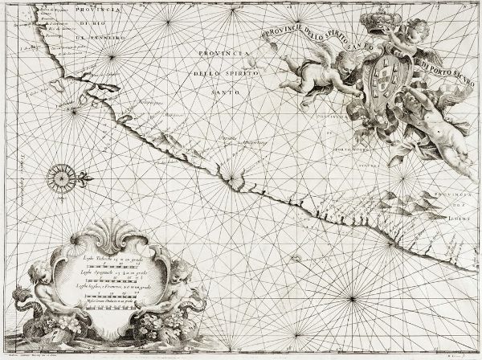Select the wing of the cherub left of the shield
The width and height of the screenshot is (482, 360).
tap(321, 56)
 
